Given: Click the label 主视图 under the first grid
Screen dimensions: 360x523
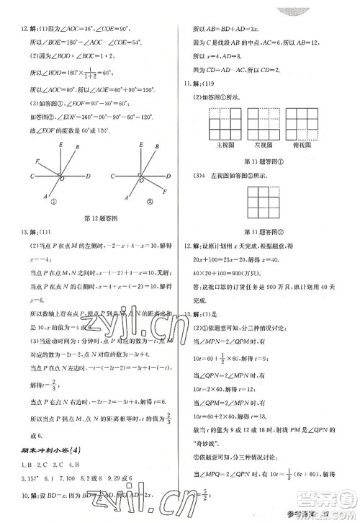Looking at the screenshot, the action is coord(222,144).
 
